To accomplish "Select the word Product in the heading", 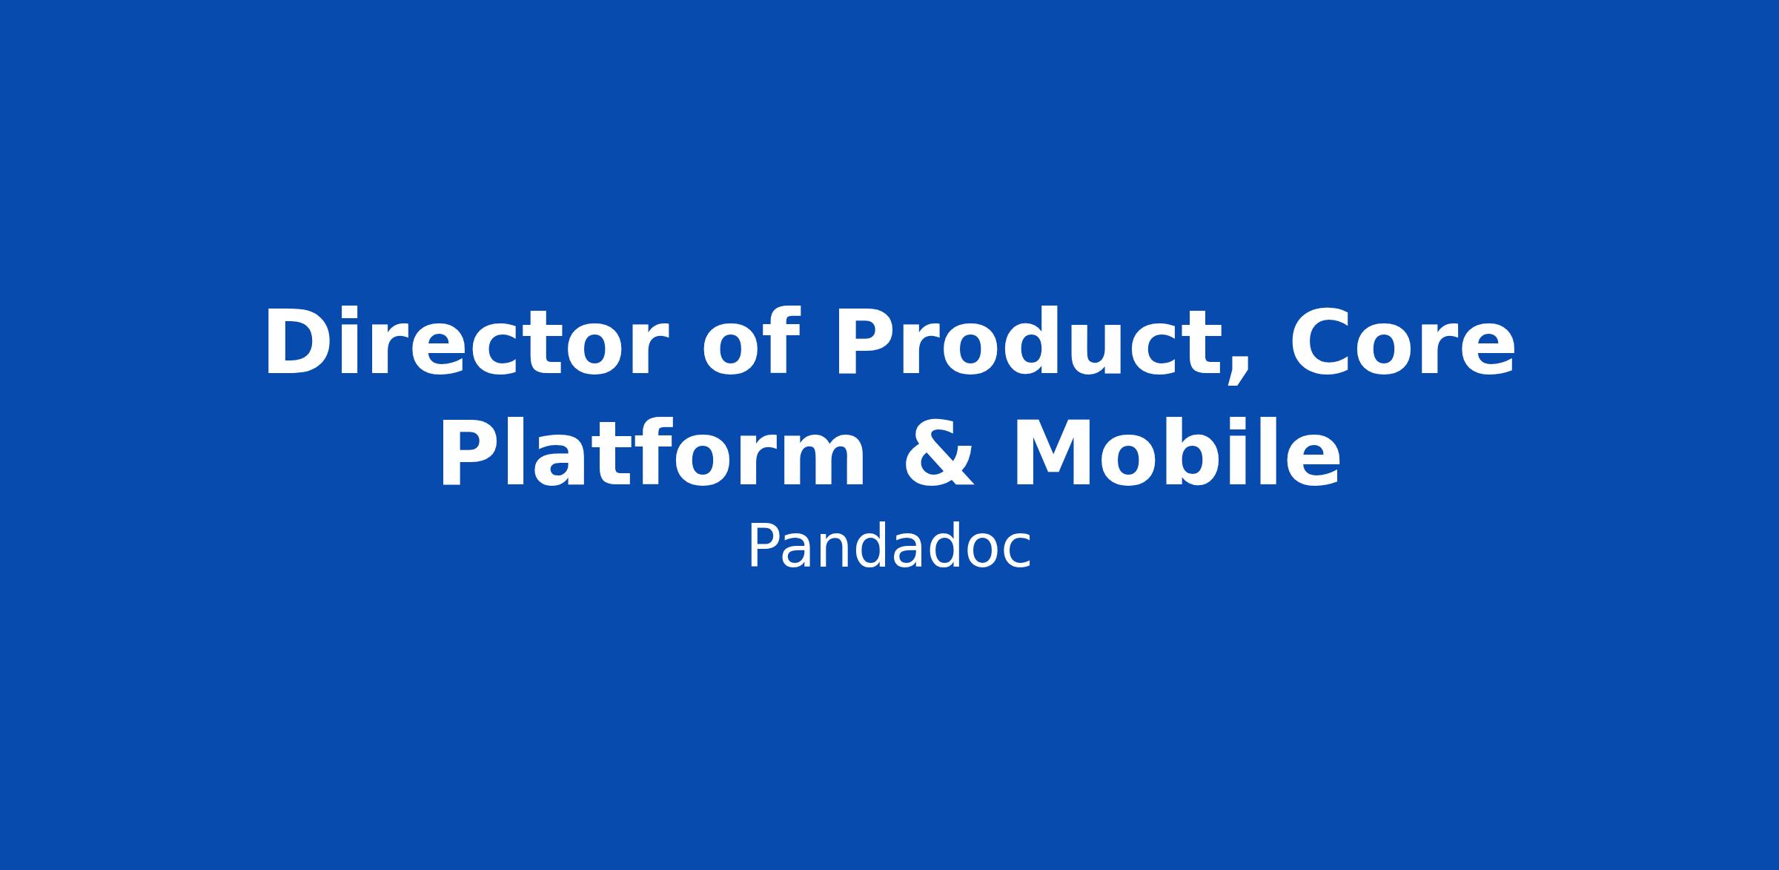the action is point(1037,342).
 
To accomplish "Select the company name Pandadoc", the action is point(889,547).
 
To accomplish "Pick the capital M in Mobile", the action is point(1056,454).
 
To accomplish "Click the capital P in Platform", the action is point(468,454).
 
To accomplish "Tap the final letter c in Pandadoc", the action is point(1016,553).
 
